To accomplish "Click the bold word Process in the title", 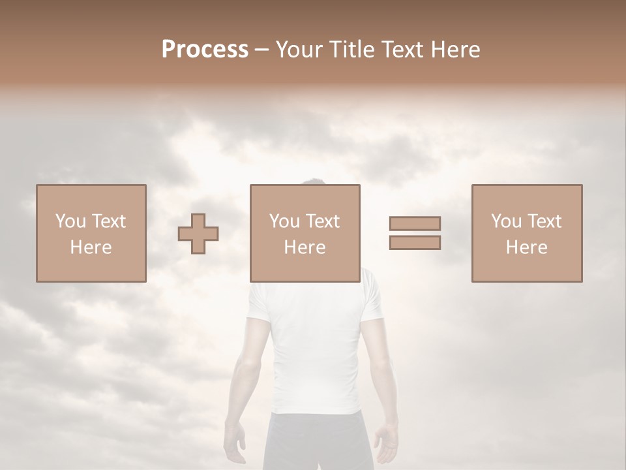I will pos(205,50).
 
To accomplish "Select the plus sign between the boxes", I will pos(198,234).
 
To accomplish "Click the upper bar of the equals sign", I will pos(415,223).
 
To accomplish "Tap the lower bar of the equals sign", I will pos(415,243).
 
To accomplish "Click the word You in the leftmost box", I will pos(70,221).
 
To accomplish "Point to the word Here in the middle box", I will pos(305,247).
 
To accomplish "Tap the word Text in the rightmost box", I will pos(544,221).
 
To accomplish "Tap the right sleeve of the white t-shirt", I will pos(372,300).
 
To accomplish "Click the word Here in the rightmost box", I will pos(527,247).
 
